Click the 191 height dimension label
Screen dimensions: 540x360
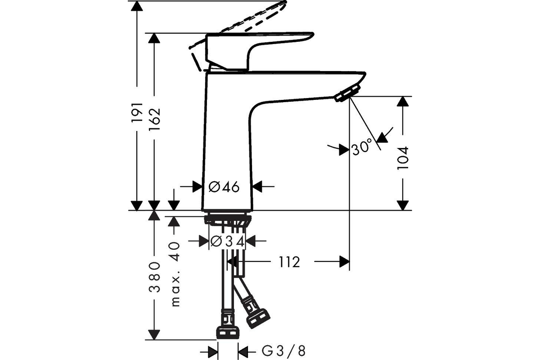[137, 112]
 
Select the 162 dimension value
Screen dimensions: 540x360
[154, 119]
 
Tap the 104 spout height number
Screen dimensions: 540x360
[403, 158]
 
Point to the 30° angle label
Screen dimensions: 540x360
[362, 147]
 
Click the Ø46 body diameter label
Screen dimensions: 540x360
[224, 187]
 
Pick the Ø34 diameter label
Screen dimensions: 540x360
[227, 241]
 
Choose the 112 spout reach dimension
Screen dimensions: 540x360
[289, 262]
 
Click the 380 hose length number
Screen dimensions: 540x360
[154, 277]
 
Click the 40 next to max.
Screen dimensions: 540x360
[175, 252]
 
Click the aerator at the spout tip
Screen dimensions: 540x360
[347, 93]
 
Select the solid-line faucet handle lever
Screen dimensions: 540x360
[259, 52]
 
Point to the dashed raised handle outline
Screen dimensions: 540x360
[241, 24]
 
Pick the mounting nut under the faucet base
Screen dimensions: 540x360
[228, 220]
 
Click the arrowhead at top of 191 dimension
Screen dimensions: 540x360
[137, 6]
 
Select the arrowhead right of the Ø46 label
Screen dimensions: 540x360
[257, 186]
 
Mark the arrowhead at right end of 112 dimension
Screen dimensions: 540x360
[344, 261]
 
